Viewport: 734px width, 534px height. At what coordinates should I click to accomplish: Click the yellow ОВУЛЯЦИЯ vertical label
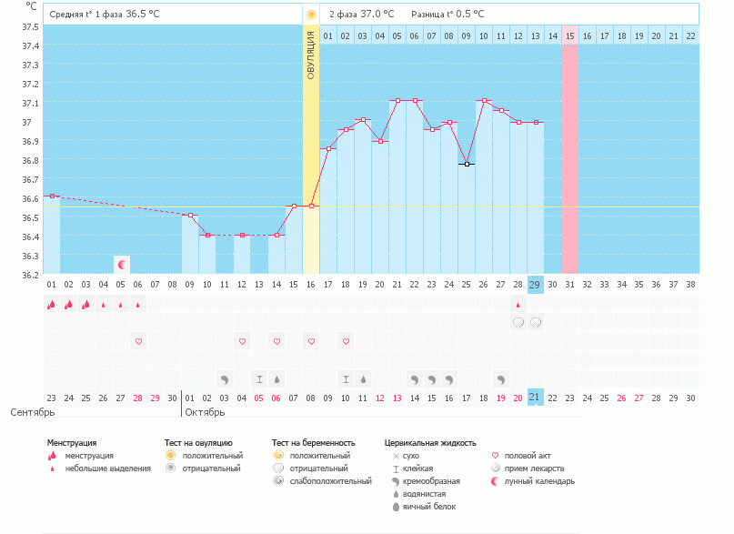[311, 55]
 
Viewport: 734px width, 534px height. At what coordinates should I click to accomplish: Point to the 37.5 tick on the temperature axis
[30, 26]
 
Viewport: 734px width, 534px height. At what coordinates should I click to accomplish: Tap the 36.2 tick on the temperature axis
[30, 275]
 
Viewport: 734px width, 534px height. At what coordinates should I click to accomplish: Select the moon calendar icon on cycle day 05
[122, 264]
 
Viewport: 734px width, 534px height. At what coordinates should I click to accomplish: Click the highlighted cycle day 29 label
[535, 285]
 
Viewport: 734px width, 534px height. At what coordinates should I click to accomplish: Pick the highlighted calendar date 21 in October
[535, 398]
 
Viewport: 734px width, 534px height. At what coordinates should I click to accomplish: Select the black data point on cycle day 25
[466, 164]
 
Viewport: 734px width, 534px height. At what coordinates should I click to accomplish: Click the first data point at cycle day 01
[52, 196]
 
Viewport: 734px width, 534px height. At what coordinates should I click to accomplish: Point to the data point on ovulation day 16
[311, 206]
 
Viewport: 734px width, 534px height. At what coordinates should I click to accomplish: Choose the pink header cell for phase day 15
[569, 35]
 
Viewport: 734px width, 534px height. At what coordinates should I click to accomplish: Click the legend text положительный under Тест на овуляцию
[213, 455]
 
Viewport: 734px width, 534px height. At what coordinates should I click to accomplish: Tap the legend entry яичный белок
[428, 506]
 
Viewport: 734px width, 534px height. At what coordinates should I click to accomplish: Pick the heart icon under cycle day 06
[138, 341]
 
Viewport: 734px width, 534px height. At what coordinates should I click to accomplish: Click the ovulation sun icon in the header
[311, 15]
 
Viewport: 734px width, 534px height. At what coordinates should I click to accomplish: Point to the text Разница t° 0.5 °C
[447, 15]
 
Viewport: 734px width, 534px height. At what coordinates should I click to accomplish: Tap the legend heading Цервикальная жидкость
[429, 442]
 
